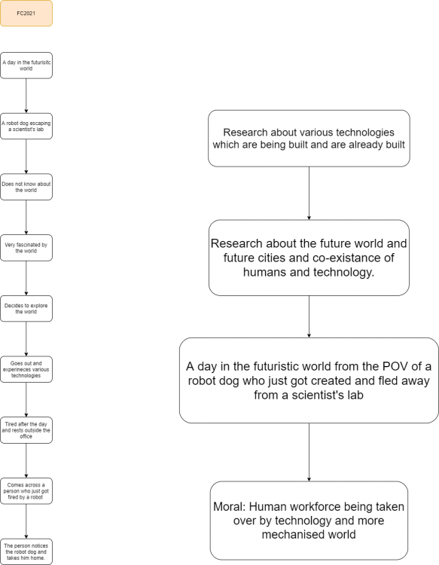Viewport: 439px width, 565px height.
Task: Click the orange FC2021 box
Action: pyautogui.click(x=26, y=14)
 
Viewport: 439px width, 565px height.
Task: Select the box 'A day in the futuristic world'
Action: pyautogui.click(x=26, y=66)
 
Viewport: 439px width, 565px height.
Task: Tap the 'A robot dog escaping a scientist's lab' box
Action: pyautogui.click(x=26, y=126)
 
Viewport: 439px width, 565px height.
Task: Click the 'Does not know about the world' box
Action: pyautogui.click(x=26, y=187)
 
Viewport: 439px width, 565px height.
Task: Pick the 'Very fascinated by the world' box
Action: pyautogui.click(x=26, y=248)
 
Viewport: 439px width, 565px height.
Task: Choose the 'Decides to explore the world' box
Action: pyautogui.click(x=26, y=309)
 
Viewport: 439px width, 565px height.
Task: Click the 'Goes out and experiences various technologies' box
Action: pyautogui.click(x=26, y=369)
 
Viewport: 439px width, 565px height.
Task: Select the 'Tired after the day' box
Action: pyautogui.click(x=26, y=430)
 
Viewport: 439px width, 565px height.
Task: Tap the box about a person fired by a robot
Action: pyautogui.click(x=26, y=491)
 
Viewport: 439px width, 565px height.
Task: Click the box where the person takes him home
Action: pyautogui.click(x=26, y=551)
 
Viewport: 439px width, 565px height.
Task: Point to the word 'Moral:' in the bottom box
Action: pyautogui.click(x=229, y=507)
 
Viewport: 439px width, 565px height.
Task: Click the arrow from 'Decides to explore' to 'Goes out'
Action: pyautogui.click(x=26, y=339)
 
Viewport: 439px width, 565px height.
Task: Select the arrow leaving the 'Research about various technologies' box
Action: pyautogui.click(x=309, y=194)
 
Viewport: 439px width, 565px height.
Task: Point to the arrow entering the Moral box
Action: pyautogui.click(x=309, y=452)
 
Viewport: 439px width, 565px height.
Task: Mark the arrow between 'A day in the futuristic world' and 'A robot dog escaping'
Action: pyautogui.click(x=26, y=96)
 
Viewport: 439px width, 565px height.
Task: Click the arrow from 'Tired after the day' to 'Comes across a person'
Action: pyautogui.click(x=26, y=461)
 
